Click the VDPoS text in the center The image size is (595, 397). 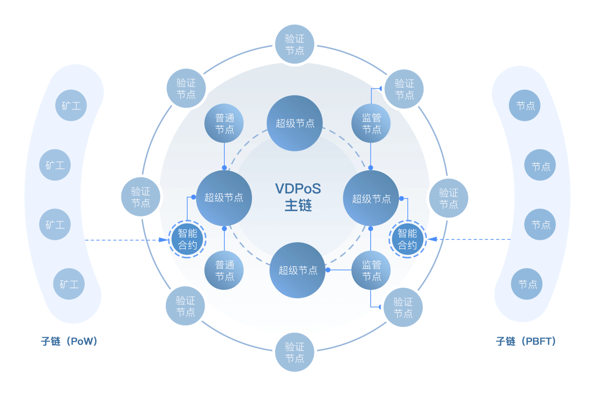[x=298, y=189]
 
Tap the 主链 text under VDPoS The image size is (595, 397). [x=298, y=206]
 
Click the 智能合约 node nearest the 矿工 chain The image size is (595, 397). [x=187, y=239]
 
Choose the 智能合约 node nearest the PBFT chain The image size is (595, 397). [x=407, y=239]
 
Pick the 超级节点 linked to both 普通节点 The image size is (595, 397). [x=224, y=198]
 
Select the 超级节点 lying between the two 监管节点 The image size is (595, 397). [x=371, y=198]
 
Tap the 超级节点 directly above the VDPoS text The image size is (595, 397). [x=295, y=123]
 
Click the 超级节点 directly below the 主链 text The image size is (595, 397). [x=297, y=270]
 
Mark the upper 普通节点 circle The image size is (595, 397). [x=224, y=123]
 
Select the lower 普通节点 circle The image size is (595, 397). [x=224, y=270]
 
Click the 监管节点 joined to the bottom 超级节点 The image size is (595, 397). [x=371, y=270]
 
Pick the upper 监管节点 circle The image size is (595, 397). [x=371, y=123]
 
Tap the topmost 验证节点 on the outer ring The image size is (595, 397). [x=294, y=45]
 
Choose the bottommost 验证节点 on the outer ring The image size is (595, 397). [x=294, y=352]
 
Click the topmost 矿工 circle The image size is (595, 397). [x=71, y=105]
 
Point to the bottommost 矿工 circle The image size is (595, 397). [x=69, y=284]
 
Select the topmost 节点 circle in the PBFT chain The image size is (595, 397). [x=525, y=105]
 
